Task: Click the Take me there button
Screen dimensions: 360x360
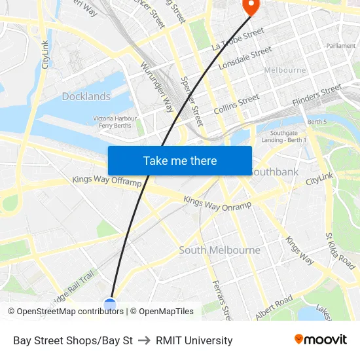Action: (180, 160)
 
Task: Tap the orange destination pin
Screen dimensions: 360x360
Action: (251, 5)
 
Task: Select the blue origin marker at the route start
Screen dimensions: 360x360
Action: (110, 304)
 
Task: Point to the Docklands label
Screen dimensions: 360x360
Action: (86, 96)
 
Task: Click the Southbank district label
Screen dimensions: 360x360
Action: (274, 171)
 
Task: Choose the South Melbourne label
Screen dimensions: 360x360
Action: (219, 250)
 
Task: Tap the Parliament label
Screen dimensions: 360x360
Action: (341, 46)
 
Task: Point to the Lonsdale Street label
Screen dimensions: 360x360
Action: (245, 58)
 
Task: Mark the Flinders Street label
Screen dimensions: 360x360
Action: (317, 95)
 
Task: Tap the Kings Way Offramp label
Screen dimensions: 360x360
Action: (107, 181)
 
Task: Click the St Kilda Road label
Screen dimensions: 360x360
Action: (340, 251)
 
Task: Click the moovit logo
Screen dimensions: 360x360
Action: (321, 340)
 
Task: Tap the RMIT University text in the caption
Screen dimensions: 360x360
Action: (194, 340)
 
